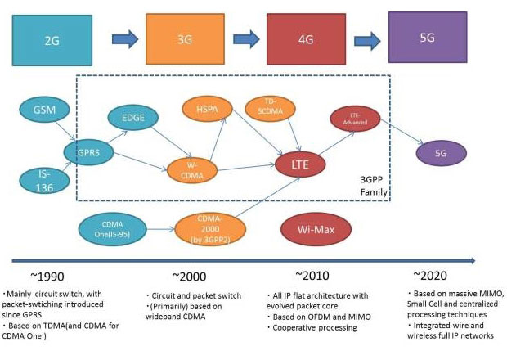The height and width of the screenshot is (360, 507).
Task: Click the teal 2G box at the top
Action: point(53,39)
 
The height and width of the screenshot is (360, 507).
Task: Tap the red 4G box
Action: point(302,39)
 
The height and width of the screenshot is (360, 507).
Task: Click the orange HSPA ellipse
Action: point(206,107)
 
